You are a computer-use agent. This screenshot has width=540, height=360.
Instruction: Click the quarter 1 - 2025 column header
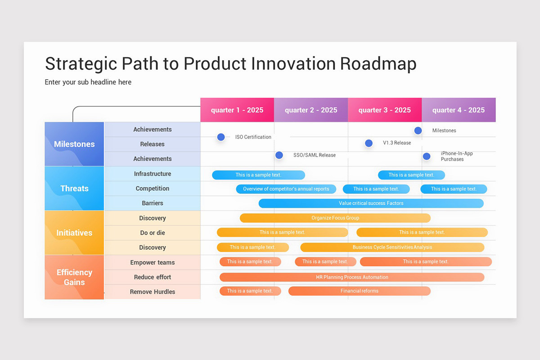pos(237,110)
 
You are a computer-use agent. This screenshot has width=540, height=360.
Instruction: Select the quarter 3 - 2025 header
pos(384,110)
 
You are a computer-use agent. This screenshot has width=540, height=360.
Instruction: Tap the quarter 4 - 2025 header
pos(458,110)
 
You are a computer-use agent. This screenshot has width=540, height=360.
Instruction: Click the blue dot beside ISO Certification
pos(221,137)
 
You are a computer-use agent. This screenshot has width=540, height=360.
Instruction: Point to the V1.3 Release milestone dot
pos(369,143)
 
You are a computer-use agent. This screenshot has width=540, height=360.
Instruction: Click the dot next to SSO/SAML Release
pos(279,155)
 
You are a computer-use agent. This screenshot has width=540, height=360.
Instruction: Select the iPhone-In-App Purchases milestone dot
pos(427,156)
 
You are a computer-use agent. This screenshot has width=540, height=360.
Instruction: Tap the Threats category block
pos(74,189)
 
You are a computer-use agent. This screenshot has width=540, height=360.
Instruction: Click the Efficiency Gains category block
pos(74,277)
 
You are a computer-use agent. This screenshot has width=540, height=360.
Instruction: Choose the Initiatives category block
pos(74,233)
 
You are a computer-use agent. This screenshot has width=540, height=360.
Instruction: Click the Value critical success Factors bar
pos(371,203)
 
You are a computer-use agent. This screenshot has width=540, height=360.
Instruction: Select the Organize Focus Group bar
pos(335,218)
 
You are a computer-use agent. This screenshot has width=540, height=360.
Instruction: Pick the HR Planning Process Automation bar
pos(351,277)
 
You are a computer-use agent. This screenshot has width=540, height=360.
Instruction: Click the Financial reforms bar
pos(359,291)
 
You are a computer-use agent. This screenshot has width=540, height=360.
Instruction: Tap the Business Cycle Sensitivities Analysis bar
pos(392,247)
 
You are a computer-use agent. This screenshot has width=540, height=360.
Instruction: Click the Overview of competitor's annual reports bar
pos(286,189)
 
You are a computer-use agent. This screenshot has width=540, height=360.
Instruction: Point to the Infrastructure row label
pos(153,174)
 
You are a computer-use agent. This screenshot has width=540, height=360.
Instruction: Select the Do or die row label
pos(153,233)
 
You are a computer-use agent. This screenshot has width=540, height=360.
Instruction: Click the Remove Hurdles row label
pos(153,292)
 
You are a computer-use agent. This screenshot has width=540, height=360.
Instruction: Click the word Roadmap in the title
pos(378,63)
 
